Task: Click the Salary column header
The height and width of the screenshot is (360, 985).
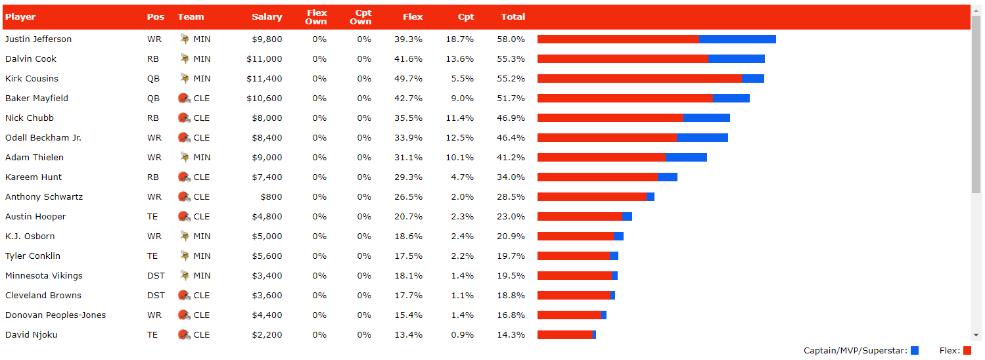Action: (x=267, y=17)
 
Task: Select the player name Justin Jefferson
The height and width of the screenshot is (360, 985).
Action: (x=38, y=39)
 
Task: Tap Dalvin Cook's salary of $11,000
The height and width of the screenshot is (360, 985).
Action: (x=264, y=59)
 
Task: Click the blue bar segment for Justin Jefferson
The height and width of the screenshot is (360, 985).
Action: (x=737, y=39)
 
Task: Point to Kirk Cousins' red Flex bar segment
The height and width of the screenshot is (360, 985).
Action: (x=639, y=79)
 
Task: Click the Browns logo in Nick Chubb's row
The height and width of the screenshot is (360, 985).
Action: (x=184, y=118)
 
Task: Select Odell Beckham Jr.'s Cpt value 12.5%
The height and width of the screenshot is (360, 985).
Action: (x=460, y=138)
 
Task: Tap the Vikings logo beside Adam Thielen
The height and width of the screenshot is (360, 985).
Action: (x=185, y=158)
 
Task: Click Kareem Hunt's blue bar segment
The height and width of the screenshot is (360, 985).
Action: (x=667, y=177)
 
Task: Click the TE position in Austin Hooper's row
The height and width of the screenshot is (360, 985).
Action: (x=152, y=217)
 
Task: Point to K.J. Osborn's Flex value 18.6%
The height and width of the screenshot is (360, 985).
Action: (x=408, y=236)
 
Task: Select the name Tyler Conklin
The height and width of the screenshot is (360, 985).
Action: (x=33, y=256)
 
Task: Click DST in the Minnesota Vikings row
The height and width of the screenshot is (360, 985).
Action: (x=156, y=276)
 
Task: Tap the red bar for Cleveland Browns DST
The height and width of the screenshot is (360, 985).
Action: (x=574, y=296)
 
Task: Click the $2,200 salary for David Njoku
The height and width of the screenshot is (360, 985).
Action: (x=267, y=335)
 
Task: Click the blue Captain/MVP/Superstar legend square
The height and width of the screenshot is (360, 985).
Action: (x=915, y=351)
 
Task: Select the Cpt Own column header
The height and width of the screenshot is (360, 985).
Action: (x=360, y=17)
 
